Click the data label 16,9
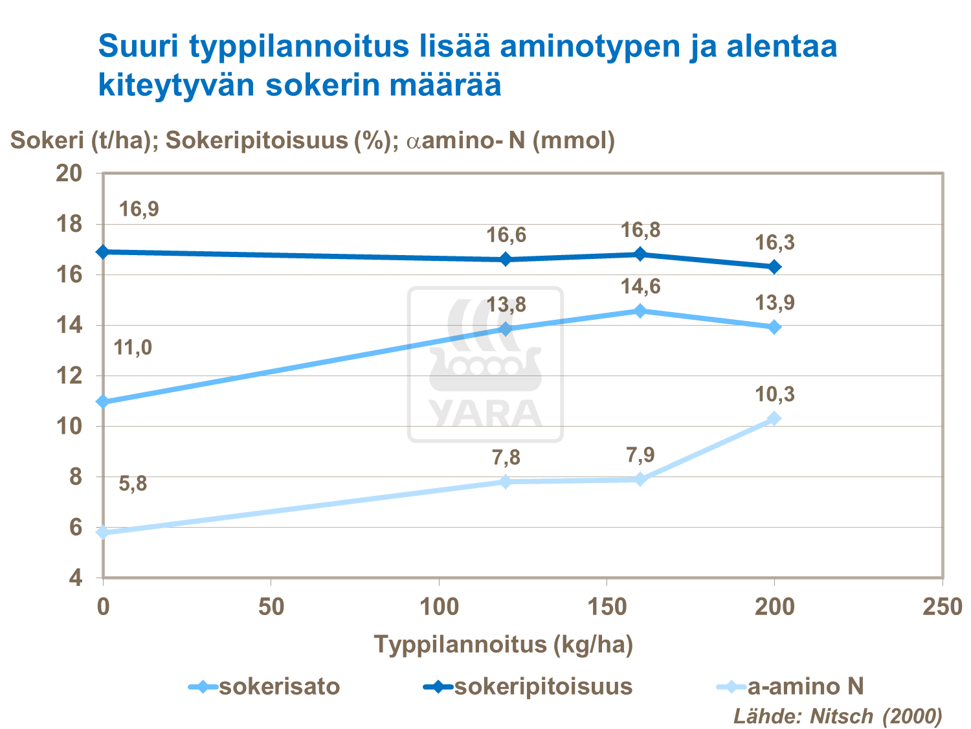[139, 209]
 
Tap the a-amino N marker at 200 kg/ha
[774, 418]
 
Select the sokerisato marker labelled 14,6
[640, 311]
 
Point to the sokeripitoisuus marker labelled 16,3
[774, 267]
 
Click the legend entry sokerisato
[265, 686]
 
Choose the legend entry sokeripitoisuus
[528, 686]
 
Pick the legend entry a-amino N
[793, 686]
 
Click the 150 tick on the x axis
[607, 607]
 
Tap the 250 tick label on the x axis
[942, 607]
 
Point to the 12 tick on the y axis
[69, 376]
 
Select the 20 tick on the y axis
[69, 174]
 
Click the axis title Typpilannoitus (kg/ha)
[503, 644]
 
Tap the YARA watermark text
[485, 414]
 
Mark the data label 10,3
[774, 394]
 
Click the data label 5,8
[133, 484]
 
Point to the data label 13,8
[506, 304]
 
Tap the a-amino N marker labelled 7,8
[506, 482]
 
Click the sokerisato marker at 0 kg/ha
[103, 402]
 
